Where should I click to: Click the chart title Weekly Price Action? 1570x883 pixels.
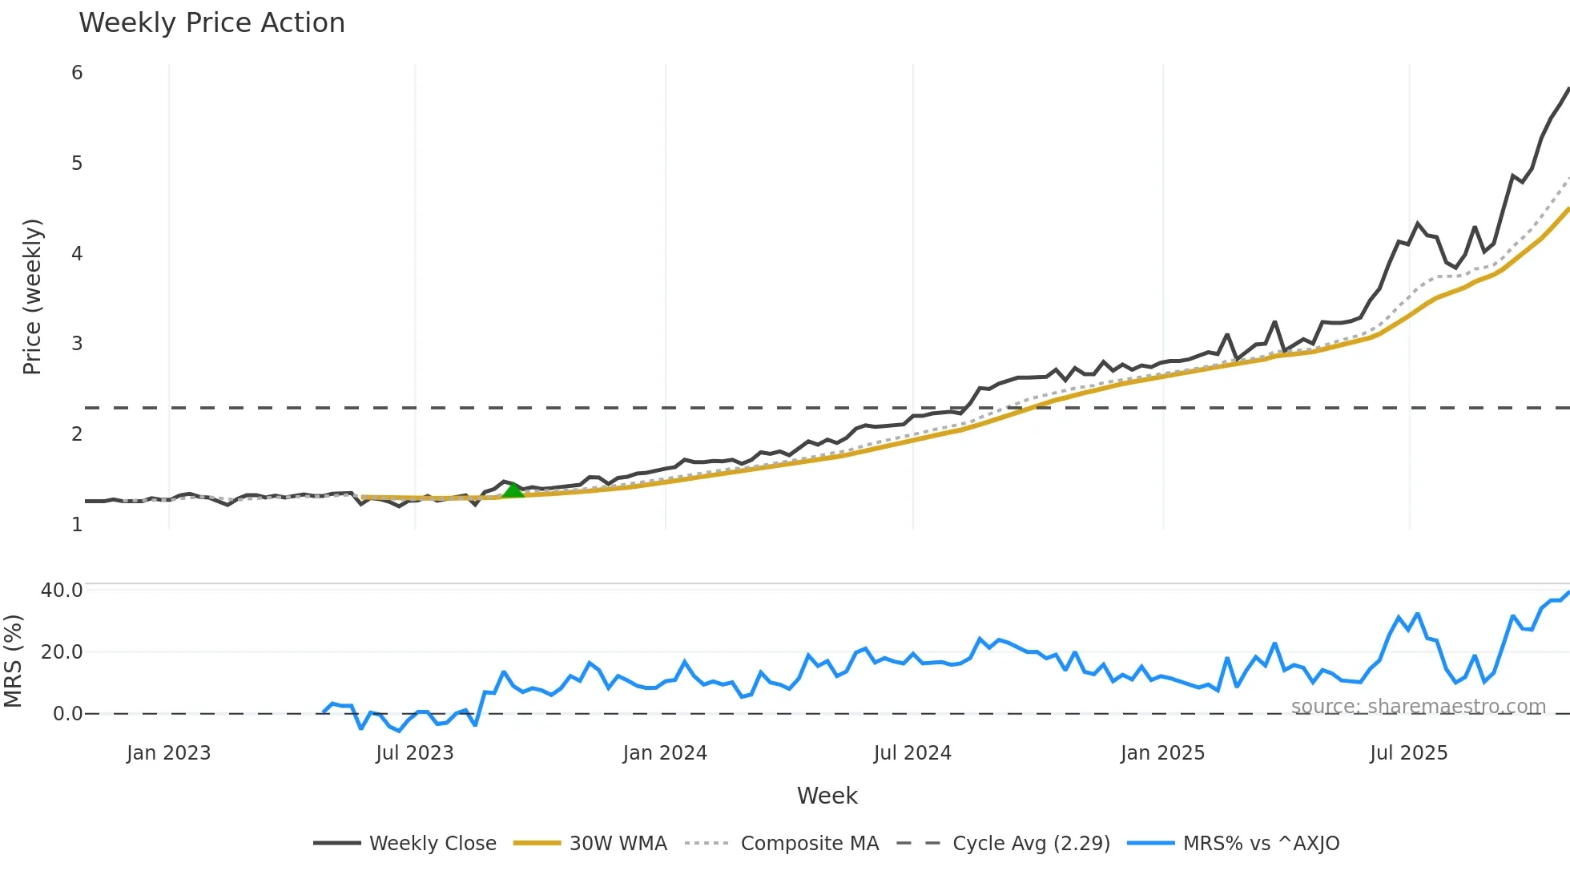click(211, 23)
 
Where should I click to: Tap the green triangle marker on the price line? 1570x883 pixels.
click(513, 490)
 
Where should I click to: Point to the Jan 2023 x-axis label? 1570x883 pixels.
click(168, 753)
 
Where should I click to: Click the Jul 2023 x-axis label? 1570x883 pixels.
click(415, 753)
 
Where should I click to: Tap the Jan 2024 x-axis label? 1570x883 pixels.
click(665, 753)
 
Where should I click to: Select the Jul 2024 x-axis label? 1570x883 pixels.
click(912, 753)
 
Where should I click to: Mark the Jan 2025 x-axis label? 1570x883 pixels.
click(1162, 753)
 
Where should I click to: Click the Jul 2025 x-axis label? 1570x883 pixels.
click(1409, 753)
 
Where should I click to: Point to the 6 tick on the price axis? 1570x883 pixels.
click(77, 73)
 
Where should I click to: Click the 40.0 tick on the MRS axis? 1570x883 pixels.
click(62, 591)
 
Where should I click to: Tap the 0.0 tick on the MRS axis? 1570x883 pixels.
click(67, 714)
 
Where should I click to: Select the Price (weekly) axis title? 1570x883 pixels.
click(32, 296)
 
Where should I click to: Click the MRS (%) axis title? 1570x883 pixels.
click(13, 661)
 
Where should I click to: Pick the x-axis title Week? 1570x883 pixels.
click(827, 796)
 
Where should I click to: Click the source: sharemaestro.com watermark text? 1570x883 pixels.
click(1418, 707)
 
